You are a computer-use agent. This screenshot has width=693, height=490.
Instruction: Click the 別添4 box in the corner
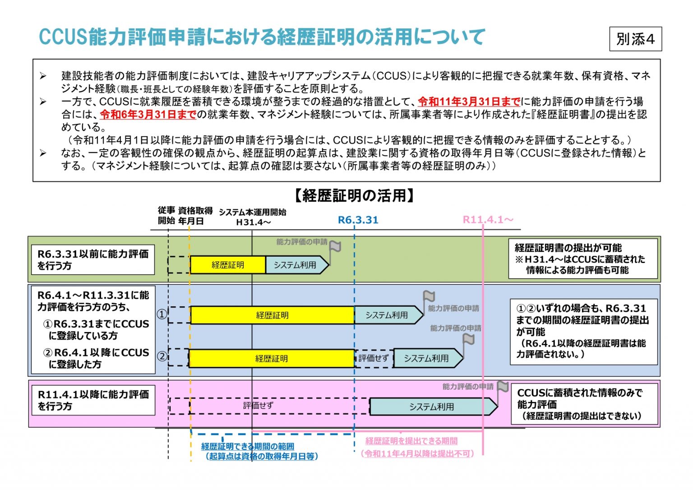[635, 39]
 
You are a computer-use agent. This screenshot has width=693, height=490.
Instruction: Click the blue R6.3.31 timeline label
[358, 220]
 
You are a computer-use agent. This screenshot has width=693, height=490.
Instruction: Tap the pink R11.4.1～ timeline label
[488, 220]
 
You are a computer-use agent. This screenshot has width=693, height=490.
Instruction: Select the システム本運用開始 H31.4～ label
[253, 217]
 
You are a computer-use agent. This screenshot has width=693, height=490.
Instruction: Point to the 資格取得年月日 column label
[195, 216]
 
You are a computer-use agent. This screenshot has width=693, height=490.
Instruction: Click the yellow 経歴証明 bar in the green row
[228, 265]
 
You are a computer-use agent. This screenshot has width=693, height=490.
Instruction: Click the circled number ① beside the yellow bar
[162, 314]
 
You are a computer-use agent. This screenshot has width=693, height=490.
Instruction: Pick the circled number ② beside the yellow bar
[162, 356]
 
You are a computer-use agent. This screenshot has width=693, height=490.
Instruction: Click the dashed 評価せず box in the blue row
[374, 358]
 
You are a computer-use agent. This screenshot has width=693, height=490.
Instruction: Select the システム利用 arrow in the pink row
[432, 407]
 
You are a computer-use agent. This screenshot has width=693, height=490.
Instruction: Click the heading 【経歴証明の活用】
[354, 196]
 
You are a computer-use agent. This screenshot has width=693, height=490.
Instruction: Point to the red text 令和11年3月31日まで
[469, 102]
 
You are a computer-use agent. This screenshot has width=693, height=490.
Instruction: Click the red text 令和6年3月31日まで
[148, 115]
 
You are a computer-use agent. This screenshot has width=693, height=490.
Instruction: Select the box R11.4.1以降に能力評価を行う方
[93, 400]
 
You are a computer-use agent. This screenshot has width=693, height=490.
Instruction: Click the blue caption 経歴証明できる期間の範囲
[248, 446]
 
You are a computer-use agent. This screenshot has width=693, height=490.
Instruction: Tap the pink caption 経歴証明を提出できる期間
[411, 441]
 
